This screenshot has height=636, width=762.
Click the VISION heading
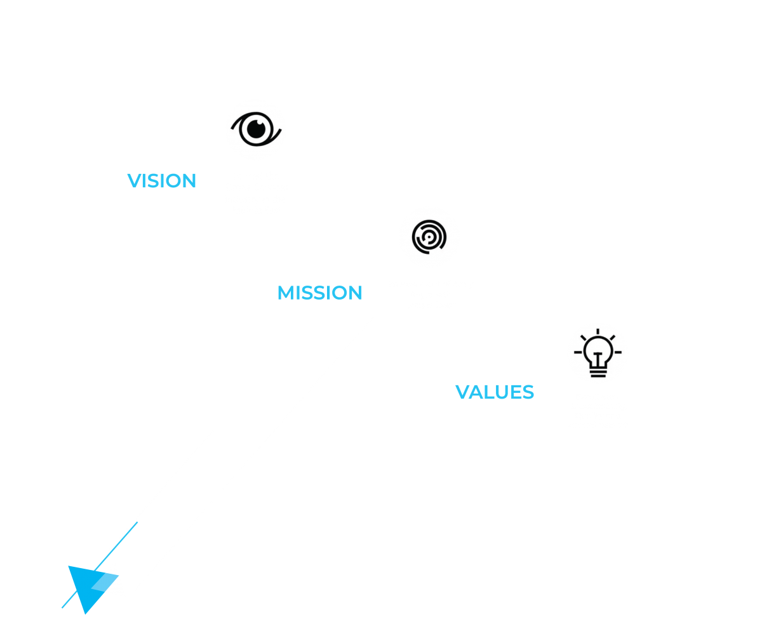[x=162, y=181]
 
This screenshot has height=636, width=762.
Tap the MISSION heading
[x=320, y=293]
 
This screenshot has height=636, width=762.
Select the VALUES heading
[x=495, y=392]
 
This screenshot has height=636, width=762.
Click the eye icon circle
[x=255, y=129]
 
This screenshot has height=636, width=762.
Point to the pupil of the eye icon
[x=255, y=129]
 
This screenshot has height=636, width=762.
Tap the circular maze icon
[x=429, y=237]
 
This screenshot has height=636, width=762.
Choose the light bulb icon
[x=598, y=353]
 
